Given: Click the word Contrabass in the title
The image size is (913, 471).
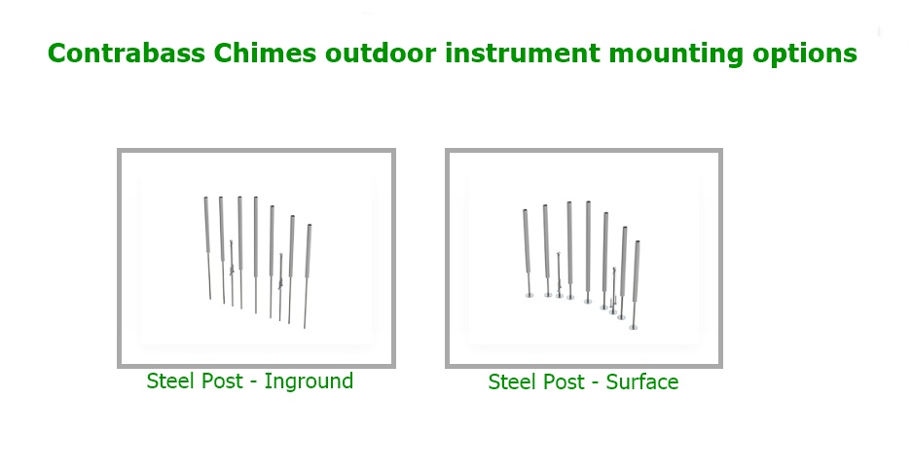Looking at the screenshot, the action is tap(127, 53).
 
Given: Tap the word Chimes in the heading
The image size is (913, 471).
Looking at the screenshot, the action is tap(265, 53).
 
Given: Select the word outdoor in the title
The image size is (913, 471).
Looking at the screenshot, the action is tap(381, 53).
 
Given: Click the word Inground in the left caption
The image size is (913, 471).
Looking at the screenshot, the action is tap(309, 381).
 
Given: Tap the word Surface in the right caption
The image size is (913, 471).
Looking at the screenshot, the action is tap(642, 381).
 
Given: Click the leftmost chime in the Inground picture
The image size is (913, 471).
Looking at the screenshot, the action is tap(207, 248).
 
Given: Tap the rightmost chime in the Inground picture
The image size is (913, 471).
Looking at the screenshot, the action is tap(307, 276).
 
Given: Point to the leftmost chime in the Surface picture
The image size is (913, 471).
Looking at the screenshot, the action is tap(527, 253).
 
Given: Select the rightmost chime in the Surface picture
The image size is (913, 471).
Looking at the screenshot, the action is tap(636, 285).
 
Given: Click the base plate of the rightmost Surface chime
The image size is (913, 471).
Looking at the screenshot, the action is tap(634, 328).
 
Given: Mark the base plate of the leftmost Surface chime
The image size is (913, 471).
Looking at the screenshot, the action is tap(529, 296).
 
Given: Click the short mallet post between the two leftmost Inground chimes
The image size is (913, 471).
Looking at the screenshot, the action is tap(232, 272).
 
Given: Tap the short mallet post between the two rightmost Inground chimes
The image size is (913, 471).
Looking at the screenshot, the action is tap(280, 287).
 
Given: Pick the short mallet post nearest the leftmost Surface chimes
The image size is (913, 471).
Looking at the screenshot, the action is tap(559, 274).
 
